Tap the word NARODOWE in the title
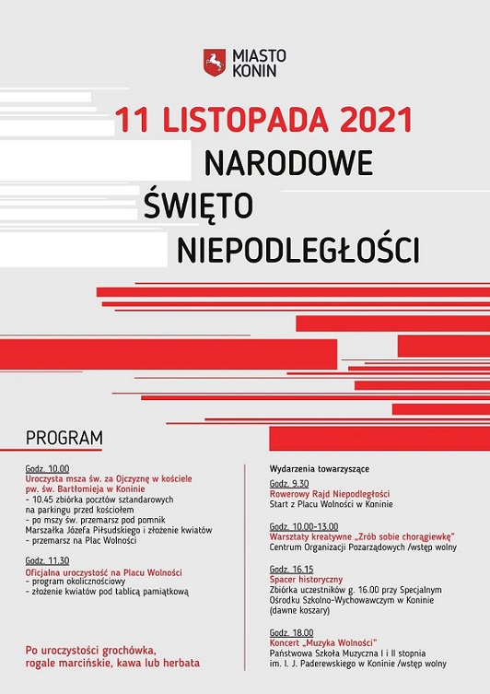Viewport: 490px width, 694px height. click(288, 162)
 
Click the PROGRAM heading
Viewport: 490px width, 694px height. click(64, 437)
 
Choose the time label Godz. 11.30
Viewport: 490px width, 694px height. click(47, 560)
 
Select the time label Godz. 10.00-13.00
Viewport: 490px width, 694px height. click(304, 525)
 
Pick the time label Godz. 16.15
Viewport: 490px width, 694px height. click(291, 569)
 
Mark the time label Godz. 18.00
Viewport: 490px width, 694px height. click(291, 631)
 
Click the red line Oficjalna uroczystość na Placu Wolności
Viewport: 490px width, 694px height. click(104, 571)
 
